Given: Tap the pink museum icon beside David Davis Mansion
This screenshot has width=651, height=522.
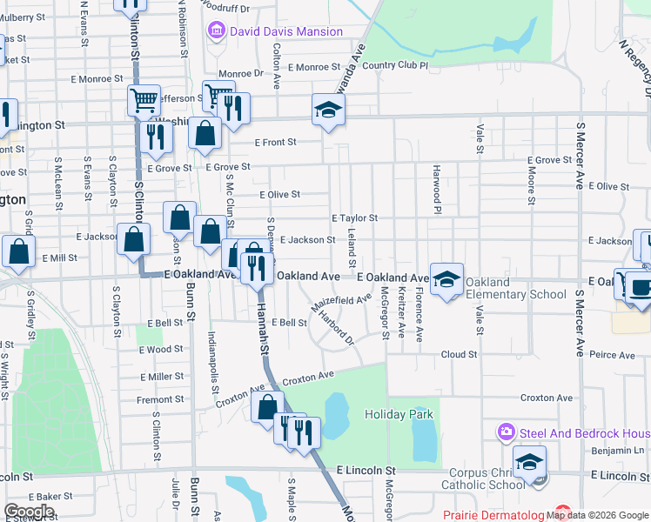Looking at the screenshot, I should [216, 32].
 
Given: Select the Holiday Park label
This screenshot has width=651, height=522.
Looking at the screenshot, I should [399, 415].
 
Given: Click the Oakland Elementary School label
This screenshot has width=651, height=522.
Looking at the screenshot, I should [515, 288].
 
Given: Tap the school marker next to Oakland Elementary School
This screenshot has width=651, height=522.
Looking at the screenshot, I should [446, 279].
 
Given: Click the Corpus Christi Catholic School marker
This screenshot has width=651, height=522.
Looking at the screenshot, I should [528, 463].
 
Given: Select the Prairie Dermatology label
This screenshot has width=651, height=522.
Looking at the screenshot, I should [496, 515].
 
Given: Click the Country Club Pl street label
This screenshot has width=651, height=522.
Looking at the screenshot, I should [396, 65].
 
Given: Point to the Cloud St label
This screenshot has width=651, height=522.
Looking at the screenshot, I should [459, 355].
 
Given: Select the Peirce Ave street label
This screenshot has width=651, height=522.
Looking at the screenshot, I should [612, 355].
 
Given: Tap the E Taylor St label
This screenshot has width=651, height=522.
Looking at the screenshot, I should [354, 218].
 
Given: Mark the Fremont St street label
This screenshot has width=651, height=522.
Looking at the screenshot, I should [160, 400].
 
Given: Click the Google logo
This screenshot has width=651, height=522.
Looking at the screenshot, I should [30, 512].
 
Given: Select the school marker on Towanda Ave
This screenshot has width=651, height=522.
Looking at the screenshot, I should [329, 110].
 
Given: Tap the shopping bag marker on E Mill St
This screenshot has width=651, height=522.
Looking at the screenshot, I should [18, 251].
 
